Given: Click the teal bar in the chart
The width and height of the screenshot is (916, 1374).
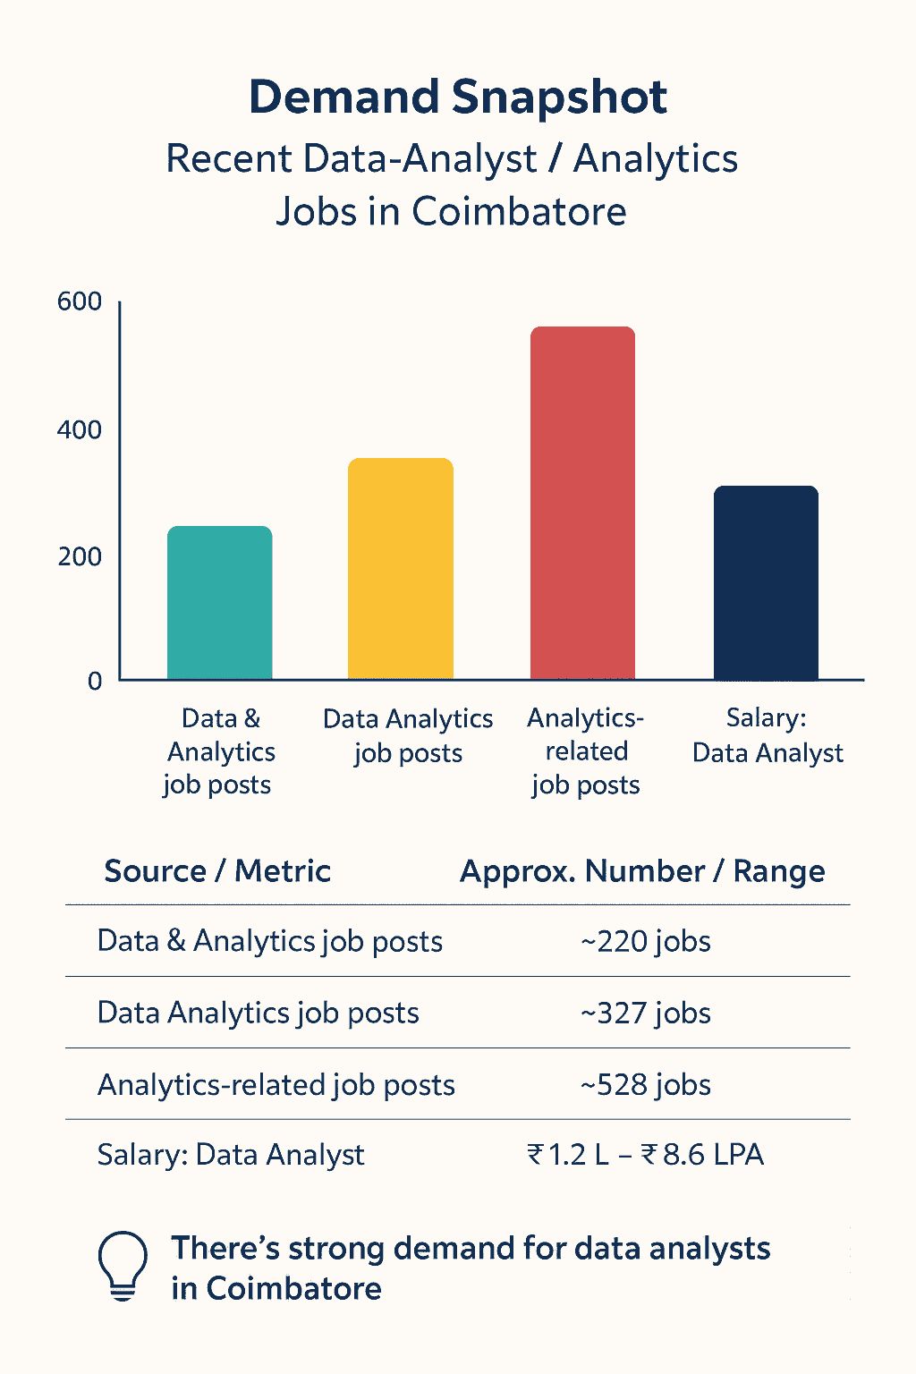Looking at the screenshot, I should coord(220,603).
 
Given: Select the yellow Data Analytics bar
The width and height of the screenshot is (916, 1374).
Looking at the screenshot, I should coord(401,569).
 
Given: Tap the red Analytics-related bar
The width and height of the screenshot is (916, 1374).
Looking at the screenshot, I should coord(582,504).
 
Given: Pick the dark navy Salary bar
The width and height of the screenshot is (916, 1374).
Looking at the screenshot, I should coord(766,583).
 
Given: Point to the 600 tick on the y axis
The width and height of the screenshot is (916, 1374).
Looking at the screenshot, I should coord(80,302).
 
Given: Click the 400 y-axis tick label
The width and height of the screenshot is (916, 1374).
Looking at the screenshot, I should coord(80,430).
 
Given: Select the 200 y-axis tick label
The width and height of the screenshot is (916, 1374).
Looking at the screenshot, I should coord(80,557).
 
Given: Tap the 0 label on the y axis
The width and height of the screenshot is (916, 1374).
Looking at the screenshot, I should coord(95,682).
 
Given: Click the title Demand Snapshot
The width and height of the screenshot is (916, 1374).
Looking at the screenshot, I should coord(458,97).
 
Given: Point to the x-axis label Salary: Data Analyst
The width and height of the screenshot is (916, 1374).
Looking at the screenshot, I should coord(768,735).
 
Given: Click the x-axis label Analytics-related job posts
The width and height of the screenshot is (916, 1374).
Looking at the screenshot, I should coord(586,751).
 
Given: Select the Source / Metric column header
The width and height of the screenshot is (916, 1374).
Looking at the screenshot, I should coord(217,871).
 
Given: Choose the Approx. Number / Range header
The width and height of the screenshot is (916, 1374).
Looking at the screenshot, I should coord(642,871).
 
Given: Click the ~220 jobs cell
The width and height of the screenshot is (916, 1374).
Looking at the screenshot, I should coord(646,942).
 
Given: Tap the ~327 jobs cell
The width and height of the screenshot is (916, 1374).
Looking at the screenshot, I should coord(646,1014).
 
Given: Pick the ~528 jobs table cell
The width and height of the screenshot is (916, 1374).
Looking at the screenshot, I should coord(646,1085).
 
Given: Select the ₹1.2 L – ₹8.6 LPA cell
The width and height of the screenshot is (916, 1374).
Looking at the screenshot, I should coord(646,1155).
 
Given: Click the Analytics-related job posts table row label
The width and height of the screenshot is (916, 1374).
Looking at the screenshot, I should coord(276,1085).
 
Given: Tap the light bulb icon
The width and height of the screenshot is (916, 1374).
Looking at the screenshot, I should coord(122,1266).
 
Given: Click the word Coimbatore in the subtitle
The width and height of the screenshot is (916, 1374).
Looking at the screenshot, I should coord(519,212).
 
